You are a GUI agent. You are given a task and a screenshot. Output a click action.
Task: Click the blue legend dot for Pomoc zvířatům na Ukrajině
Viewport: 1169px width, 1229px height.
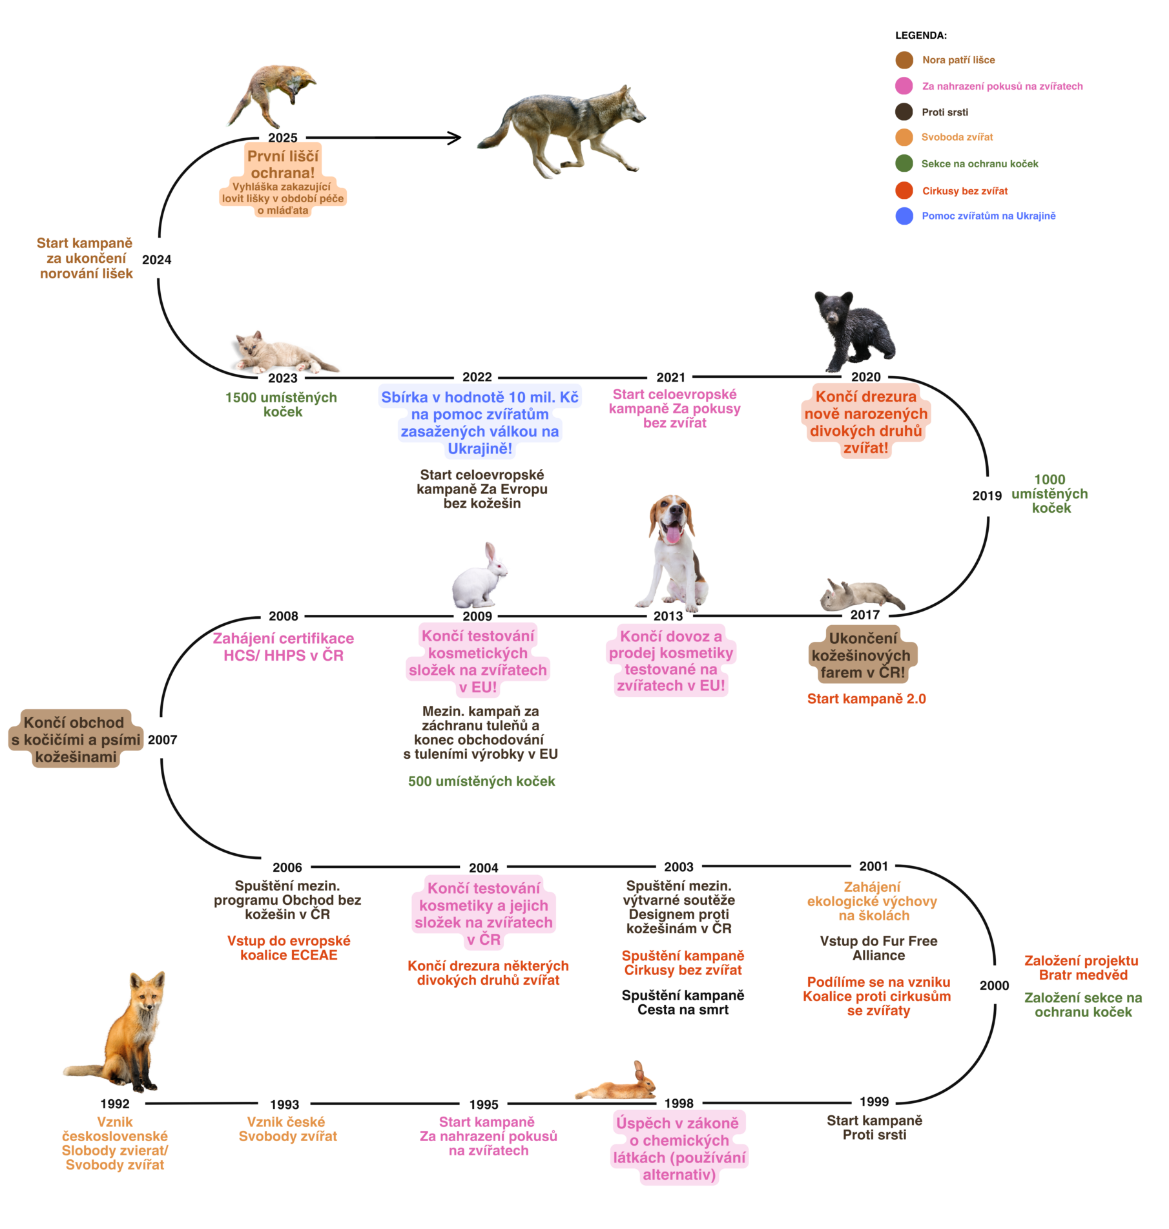click(904, 216)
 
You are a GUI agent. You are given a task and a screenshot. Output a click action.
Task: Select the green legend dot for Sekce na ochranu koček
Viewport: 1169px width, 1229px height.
click(904, 163)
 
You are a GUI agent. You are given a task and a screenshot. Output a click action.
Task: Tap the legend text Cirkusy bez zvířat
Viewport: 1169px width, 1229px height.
click(965, 191)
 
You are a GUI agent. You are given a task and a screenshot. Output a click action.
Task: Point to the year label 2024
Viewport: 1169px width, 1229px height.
click(156, 260)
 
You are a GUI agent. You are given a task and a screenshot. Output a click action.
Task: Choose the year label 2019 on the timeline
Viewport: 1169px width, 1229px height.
click(987, 495)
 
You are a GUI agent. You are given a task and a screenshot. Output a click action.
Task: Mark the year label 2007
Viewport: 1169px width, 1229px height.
click(162, 739)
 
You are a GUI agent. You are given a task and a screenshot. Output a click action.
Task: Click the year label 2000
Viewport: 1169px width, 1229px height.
click(994, 986)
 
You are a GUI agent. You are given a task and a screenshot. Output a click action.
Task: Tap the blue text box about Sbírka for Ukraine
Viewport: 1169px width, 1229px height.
click(480, 422)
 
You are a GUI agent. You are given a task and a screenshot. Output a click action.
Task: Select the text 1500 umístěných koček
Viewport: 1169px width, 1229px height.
click(282, 404)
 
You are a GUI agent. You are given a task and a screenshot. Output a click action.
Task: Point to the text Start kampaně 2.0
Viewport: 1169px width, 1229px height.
click(866, 699)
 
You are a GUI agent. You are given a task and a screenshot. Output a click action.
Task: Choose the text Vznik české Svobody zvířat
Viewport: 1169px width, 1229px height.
click(287, 1129)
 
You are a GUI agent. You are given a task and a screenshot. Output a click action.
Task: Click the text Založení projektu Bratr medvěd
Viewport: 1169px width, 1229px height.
click(1082, 967)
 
